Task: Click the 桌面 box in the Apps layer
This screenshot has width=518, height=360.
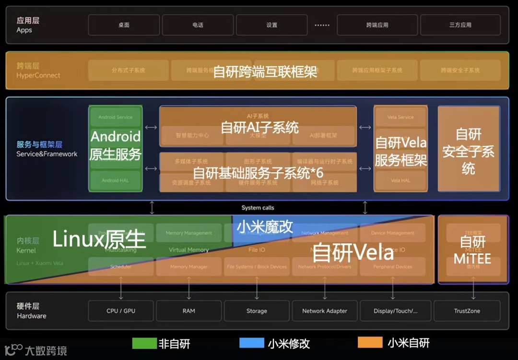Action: [x=124, y=25]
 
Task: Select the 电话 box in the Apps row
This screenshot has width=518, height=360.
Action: [x=198, y=25]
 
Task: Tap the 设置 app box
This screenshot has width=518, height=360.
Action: [x=272, y=25]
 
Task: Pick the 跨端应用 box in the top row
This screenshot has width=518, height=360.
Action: [x=377, y=25]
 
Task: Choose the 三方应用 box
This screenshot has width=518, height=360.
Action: [x=460, y=25]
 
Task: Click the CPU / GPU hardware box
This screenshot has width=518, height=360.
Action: [x=121, y=311]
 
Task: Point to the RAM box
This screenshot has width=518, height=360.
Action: [x=189, y=311]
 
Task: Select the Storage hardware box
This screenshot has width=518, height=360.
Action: [x=257, y=311]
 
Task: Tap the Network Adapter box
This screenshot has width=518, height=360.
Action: [x=325, y=311]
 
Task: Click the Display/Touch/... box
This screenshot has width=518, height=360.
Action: [x=395, y=311]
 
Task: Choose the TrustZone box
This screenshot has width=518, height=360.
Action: [x=467, y=311]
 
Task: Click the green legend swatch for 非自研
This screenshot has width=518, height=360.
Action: [x=144, y=343]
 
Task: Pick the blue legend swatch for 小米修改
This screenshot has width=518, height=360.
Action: [x=252, y=343]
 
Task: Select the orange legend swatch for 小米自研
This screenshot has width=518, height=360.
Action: [x=370, y=343]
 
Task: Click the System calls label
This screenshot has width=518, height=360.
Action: [x=258, y=208]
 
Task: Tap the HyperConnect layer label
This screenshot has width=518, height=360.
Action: [x=38, y=75]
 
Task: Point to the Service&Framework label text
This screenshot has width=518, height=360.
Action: [x=47, y=154]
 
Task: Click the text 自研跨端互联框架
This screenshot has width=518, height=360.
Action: [x=265, y=72]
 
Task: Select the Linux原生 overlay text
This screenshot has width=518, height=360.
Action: [x=99, y=239]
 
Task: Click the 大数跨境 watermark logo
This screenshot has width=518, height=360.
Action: [x=36, y=350]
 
